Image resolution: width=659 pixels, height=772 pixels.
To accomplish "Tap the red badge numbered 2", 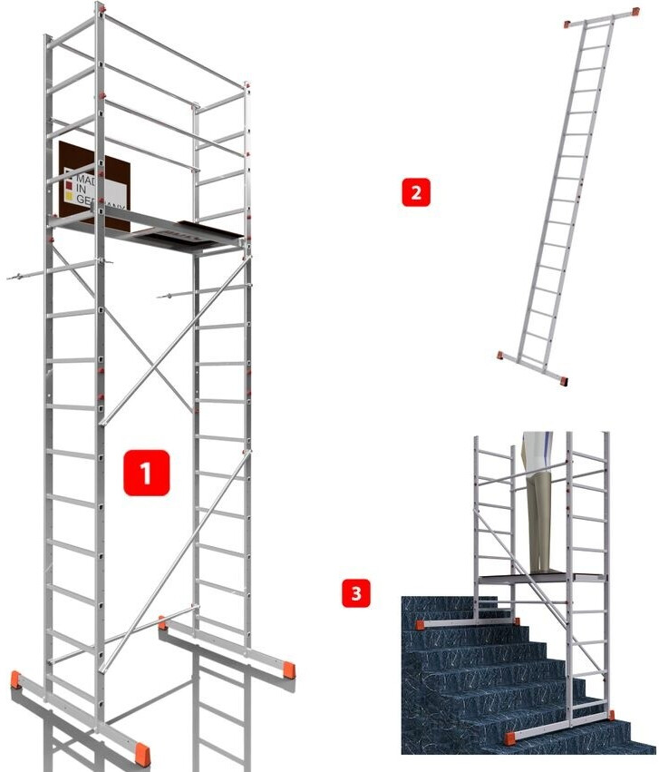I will (x=414, y=192).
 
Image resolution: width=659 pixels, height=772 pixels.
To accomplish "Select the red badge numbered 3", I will (x=355, y=594).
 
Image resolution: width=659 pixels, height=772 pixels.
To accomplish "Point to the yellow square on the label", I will (x=68, y=193).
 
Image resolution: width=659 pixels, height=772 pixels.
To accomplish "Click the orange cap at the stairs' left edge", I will (x=422, y=624).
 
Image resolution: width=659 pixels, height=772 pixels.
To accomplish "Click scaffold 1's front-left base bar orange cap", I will (x=17, y=679).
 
